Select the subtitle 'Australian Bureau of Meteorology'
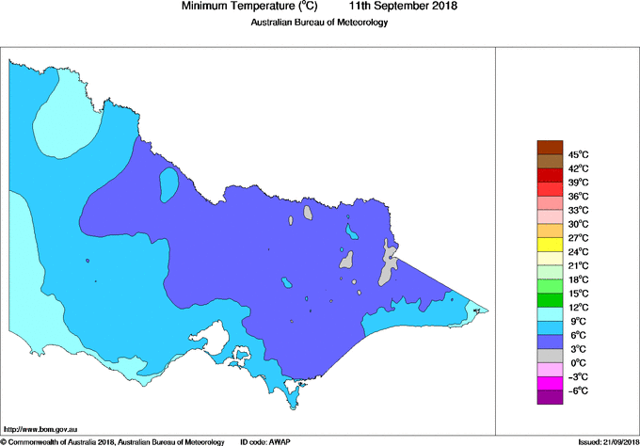(319, 23)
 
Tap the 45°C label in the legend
(578, 154)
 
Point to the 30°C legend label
(578, 224)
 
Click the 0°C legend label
(575, 363)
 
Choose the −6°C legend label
(577, 390)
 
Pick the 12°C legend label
(578, 308)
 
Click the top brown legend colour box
(550, 147)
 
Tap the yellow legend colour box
(550, 245)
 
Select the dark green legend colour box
(550, 300)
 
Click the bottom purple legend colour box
(550, 397)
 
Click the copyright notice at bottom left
(113, 440)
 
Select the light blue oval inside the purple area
(169, 183)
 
